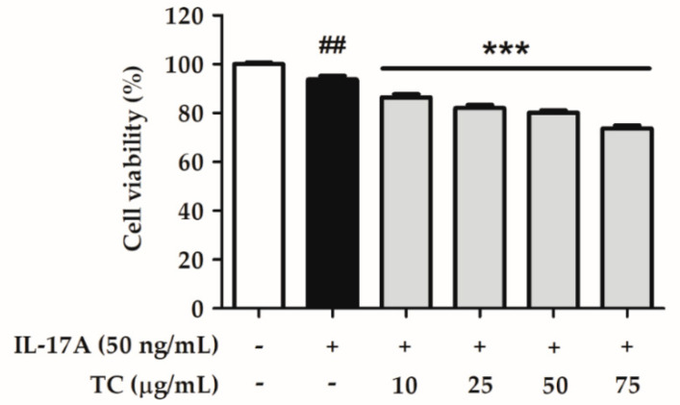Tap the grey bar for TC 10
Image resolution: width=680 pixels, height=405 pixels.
405,202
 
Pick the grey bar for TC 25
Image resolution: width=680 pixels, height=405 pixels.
477,207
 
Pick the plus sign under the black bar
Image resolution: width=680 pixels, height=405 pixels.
332,344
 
